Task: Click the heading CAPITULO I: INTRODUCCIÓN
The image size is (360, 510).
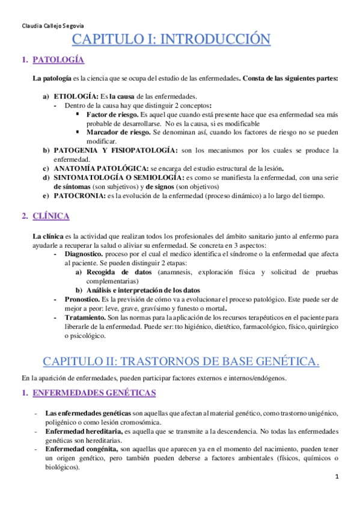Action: [x=171, y=41]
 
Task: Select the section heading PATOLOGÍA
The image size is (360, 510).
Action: [x=58, y=60]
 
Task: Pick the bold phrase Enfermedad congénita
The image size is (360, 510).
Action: [x=82, y=450]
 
